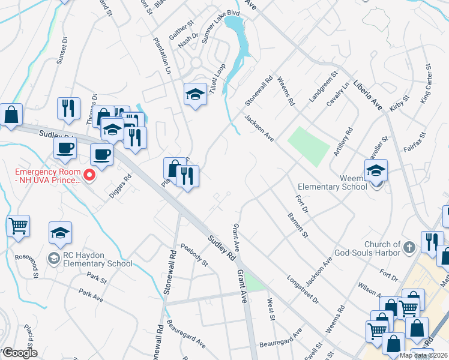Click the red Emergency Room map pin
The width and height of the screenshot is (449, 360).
point(90,175)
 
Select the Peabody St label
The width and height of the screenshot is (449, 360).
point(194,254)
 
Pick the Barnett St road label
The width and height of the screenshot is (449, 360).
point(297,224)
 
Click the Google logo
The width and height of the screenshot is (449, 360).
point(19,353)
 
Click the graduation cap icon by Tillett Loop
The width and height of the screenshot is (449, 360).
point(194,94)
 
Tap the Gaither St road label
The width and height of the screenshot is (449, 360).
point(182,29)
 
